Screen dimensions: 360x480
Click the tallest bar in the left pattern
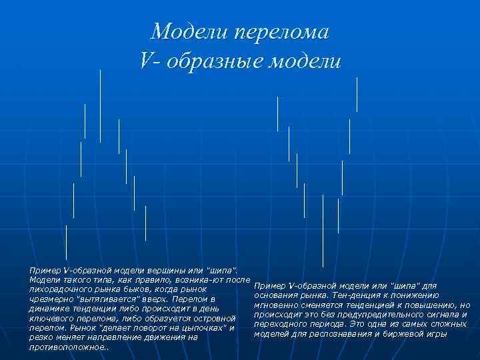100,105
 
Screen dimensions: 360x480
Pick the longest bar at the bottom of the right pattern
323,230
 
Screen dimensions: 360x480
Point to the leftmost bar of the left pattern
66,242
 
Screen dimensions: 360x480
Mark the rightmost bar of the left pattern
145,223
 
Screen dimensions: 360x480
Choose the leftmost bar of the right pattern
277,114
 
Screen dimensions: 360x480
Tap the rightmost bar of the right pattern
357,94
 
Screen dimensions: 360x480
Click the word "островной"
213,318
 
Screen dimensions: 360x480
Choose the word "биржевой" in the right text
407,333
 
